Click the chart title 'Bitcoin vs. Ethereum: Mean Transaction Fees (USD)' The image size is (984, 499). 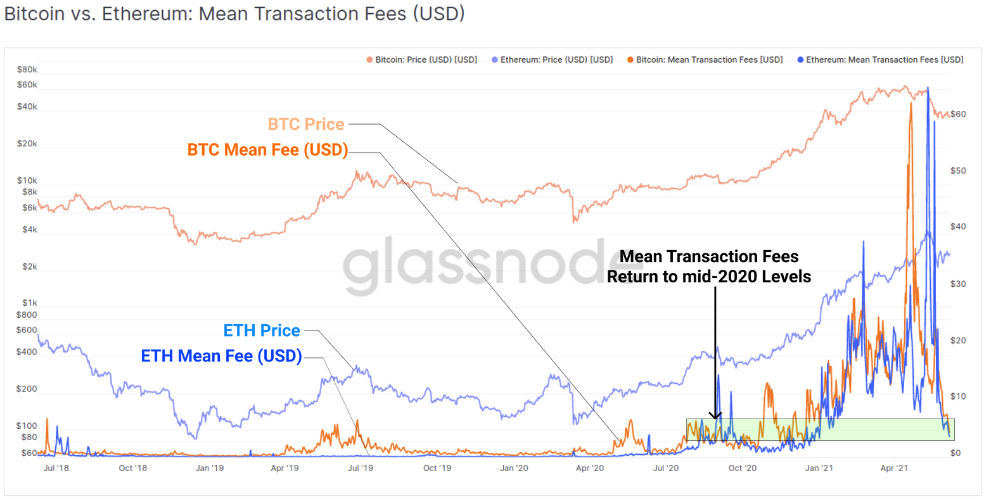[x=234, y=14]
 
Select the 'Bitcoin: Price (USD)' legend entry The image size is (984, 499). [x=422, y=60]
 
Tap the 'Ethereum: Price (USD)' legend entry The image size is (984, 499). [x=552, y=60]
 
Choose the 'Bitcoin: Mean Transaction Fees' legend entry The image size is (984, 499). [x=705, y=60]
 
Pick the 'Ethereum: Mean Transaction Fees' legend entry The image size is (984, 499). [x=880, y=60]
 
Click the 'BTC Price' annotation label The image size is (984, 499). [x=306, y=124]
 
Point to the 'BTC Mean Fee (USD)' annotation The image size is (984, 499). [x=267, y=150]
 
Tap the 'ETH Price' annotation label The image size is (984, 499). [x=262, y=331]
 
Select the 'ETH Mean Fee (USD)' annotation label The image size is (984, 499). [x=221, y=356]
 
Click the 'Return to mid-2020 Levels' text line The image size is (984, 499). [x=709, y=277]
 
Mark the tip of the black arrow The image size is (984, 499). [x=715, y=419]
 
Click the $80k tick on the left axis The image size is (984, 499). [x=27, y=70]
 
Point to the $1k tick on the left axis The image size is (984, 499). [x=29, y=303]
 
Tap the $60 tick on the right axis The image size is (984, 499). [x=958, y=114]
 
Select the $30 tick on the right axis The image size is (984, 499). [x=958, y=284]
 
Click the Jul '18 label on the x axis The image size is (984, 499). [x=56, y=468]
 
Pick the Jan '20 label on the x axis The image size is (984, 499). [x=514, y=468]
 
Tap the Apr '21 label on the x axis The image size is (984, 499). [x=894, y=468]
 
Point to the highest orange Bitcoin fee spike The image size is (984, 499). [x=911, y=104]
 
